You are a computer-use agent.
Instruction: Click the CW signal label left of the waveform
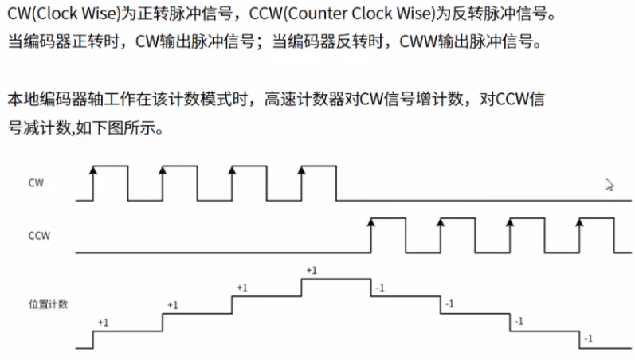(36, 183)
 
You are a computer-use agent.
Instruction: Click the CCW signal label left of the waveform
(39, 236)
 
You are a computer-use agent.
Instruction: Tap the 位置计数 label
(47, 304)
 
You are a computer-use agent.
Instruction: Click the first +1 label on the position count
(103, 322)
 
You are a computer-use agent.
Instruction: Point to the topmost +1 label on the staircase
(311, 271)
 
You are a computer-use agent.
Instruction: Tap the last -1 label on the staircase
(589, 339)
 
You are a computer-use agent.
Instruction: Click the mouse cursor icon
(609, 185)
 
